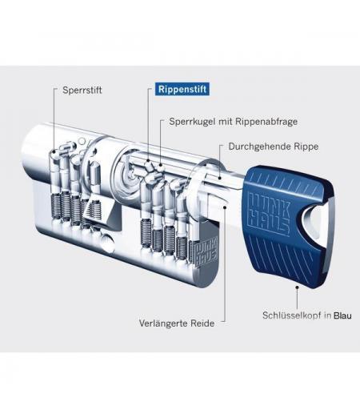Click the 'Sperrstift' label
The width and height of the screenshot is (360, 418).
coord(82,90)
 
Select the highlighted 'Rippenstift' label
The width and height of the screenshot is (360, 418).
coord(182,89)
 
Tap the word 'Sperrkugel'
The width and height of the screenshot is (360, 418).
coord(192,122)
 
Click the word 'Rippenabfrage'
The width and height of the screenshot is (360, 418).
coord(267,122)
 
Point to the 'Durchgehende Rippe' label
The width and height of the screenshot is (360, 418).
coord(274,147)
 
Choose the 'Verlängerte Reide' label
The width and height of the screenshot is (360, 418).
coord(177,324)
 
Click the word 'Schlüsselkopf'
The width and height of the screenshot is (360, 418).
coord(292,316)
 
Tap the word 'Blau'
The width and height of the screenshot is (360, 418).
coord(342,316)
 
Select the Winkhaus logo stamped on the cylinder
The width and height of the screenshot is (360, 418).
coord(207,251)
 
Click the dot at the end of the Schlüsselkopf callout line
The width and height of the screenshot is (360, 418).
coord(297,287)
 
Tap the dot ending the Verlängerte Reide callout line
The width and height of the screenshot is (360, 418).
coord(225,207)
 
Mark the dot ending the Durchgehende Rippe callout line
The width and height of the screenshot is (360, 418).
coord(219,177)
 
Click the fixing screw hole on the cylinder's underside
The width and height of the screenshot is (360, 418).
coord(107,241)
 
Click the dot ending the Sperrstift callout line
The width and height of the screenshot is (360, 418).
coord(54,152)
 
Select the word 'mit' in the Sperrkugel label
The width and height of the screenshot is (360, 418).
coord(226,122)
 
